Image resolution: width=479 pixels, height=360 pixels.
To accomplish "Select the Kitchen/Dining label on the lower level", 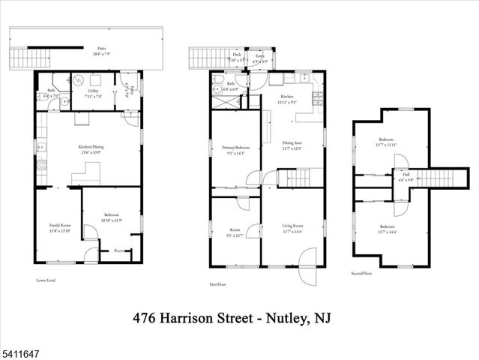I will coord(90,148).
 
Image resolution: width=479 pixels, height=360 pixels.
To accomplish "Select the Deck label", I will coord(236,55).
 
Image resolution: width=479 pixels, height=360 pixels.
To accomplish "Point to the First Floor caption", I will coord(218,284).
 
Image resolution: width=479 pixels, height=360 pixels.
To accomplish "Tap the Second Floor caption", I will coord(361,274).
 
